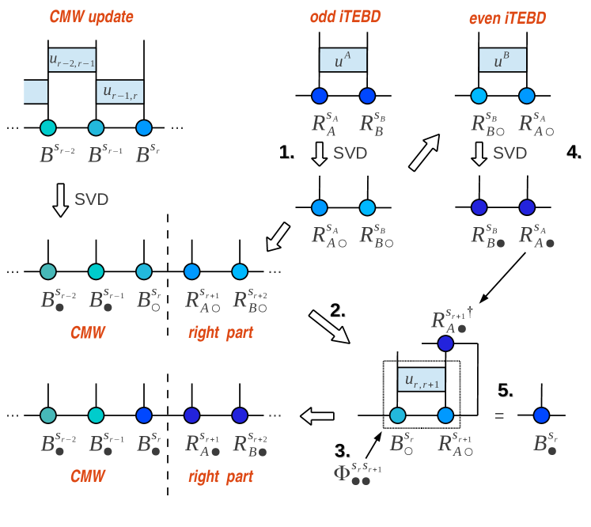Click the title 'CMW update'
pyautogui.click(x=91, y=17)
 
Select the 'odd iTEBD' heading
pyautogui.click(x=345, y=17)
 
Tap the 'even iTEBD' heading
pyautogui.click(x=507, y=18)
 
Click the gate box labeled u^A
pyautogui.click(x=343, y=59)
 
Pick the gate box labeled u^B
pyautogui.click(x=502, y=59)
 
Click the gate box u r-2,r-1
pyautogui.click(x=72, y=59)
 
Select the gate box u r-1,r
pyautogui.click(x=119, y=92)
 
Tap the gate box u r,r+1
pyautogui.click(x=422, y=380)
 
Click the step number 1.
pyautogui.click(x=286, y=152)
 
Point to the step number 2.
pyautogui.click(x=337, y=311)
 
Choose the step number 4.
pyautogui.click(x=574, y=152)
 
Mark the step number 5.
pyautogui.click(x=506, y=390)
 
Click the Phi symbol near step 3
pyautogui.click(x=342, y=472)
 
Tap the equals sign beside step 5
pyautogui.click(x=499, y=415)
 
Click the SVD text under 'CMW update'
pyautogui.click(x=91, y=199)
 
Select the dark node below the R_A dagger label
pyautogui.click(x=445, y=343)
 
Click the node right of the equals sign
pyautogui.click(x=542, y=415)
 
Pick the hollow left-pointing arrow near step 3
pyautogui.click(x=317, y=415)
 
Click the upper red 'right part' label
pyautogui.click(x=221, y=333)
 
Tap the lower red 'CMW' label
pyautogui.click(x=88, y=476)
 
